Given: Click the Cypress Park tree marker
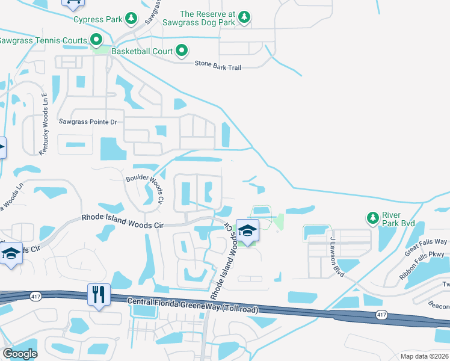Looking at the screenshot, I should pyautogui.click(x=131, y=19).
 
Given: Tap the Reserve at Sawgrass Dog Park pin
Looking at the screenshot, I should pyautogui.click(x=244, y=18).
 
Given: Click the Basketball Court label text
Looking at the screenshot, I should pyautogui.click(x=145, y=52).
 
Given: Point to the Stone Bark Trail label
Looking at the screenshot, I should pyautogui.click(x=218, y=66).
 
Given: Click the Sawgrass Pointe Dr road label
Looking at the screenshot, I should pyautogui.click(x=87, y=122).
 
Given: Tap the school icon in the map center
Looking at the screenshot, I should pyautogui.click(x=247, y=229).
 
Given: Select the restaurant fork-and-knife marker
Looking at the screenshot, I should pyautogui.click(x=99, y=295).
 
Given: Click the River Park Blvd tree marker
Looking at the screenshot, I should pyautogui.click(x=373, y=217).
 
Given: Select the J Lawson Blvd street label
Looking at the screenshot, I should pyautogui.click(x=336, y=256).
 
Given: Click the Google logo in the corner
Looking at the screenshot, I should pyautogui.click(x=20, y=354).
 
